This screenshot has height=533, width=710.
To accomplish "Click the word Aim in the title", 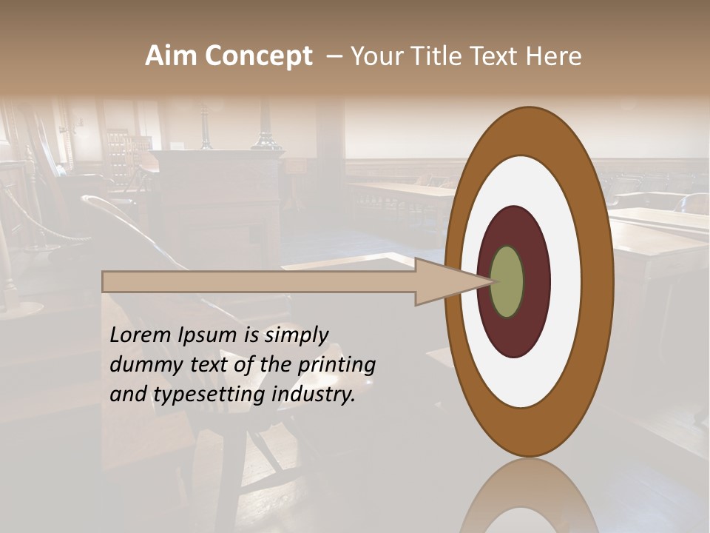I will pos(172,56).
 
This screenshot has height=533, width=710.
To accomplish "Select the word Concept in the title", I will pos(258,56).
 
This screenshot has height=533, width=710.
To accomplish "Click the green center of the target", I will pos(507,281).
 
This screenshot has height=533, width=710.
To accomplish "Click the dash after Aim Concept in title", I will pos(334,56).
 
